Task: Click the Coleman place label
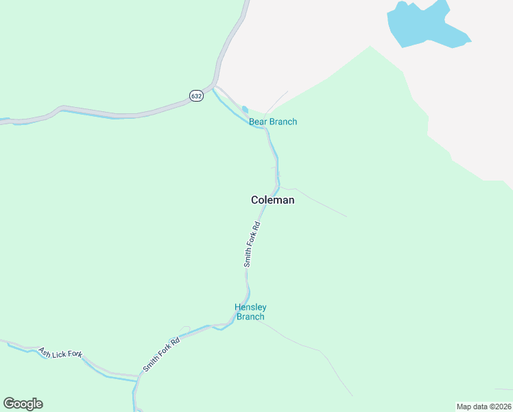272,201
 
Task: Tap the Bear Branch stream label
273,122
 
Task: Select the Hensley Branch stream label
250,312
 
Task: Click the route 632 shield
197,96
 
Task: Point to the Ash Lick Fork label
60,353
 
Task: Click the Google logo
23,404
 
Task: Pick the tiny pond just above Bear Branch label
245,109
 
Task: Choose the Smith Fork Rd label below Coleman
252,244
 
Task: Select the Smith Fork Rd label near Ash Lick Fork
161,354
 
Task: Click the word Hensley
250,307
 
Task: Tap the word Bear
257,122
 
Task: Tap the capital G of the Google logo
9,404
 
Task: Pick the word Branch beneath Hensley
250,317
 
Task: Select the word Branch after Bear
282,122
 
